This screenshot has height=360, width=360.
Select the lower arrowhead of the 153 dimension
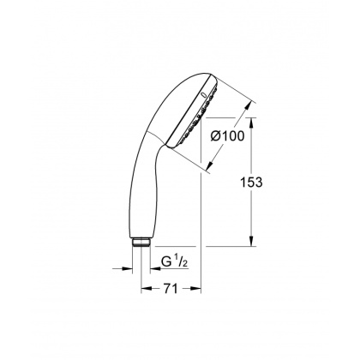pos(252,243)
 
